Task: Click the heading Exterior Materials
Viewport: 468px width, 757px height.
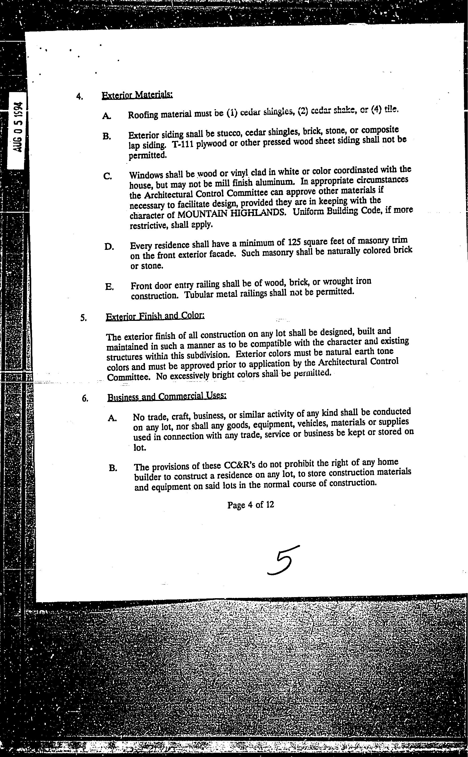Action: point(137,95)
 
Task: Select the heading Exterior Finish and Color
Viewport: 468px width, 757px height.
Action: point(155,316)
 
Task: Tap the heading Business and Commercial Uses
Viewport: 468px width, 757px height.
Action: point(167,396)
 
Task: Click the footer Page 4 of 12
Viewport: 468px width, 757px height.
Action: point(250,505)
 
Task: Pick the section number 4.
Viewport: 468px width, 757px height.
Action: point(79,97)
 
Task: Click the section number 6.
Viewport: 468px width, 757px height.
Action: point(85,399)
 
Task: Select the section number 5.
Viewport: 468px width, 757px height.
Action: point(83,318)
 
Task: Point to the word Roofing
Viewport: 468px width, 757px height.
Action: point(143,115)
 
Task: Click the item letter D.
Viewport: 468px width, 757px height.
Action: point(109,247)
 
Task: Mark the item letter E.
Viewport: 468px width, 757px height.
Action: point(109,287)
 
